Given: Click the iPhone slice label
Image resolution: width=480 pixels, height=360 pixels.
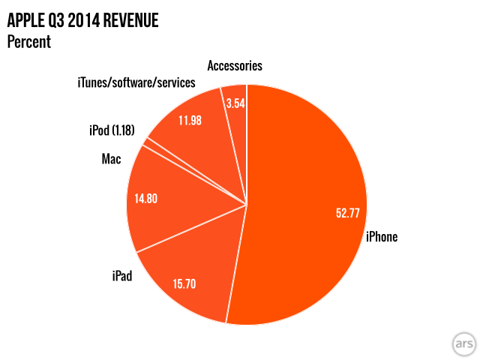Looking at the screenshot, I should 381,237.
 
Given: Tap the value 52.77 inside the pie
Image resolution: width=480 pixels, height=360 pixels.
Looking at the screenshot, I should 348,213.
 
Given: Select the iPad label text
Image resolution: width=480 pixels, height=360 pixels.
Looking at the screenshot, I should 121,277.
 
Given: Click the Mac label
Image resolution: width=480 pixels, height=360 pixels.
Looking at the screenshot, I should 112,159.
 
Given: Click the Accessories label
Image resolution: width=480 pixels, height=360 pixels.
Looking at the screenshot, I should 235,65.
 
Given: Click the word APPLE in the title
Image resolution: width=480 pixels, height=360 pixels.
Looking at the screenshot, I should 27,20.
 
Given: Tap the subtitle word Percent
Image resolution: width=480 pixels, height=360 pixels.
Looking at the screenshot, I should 28,41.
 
